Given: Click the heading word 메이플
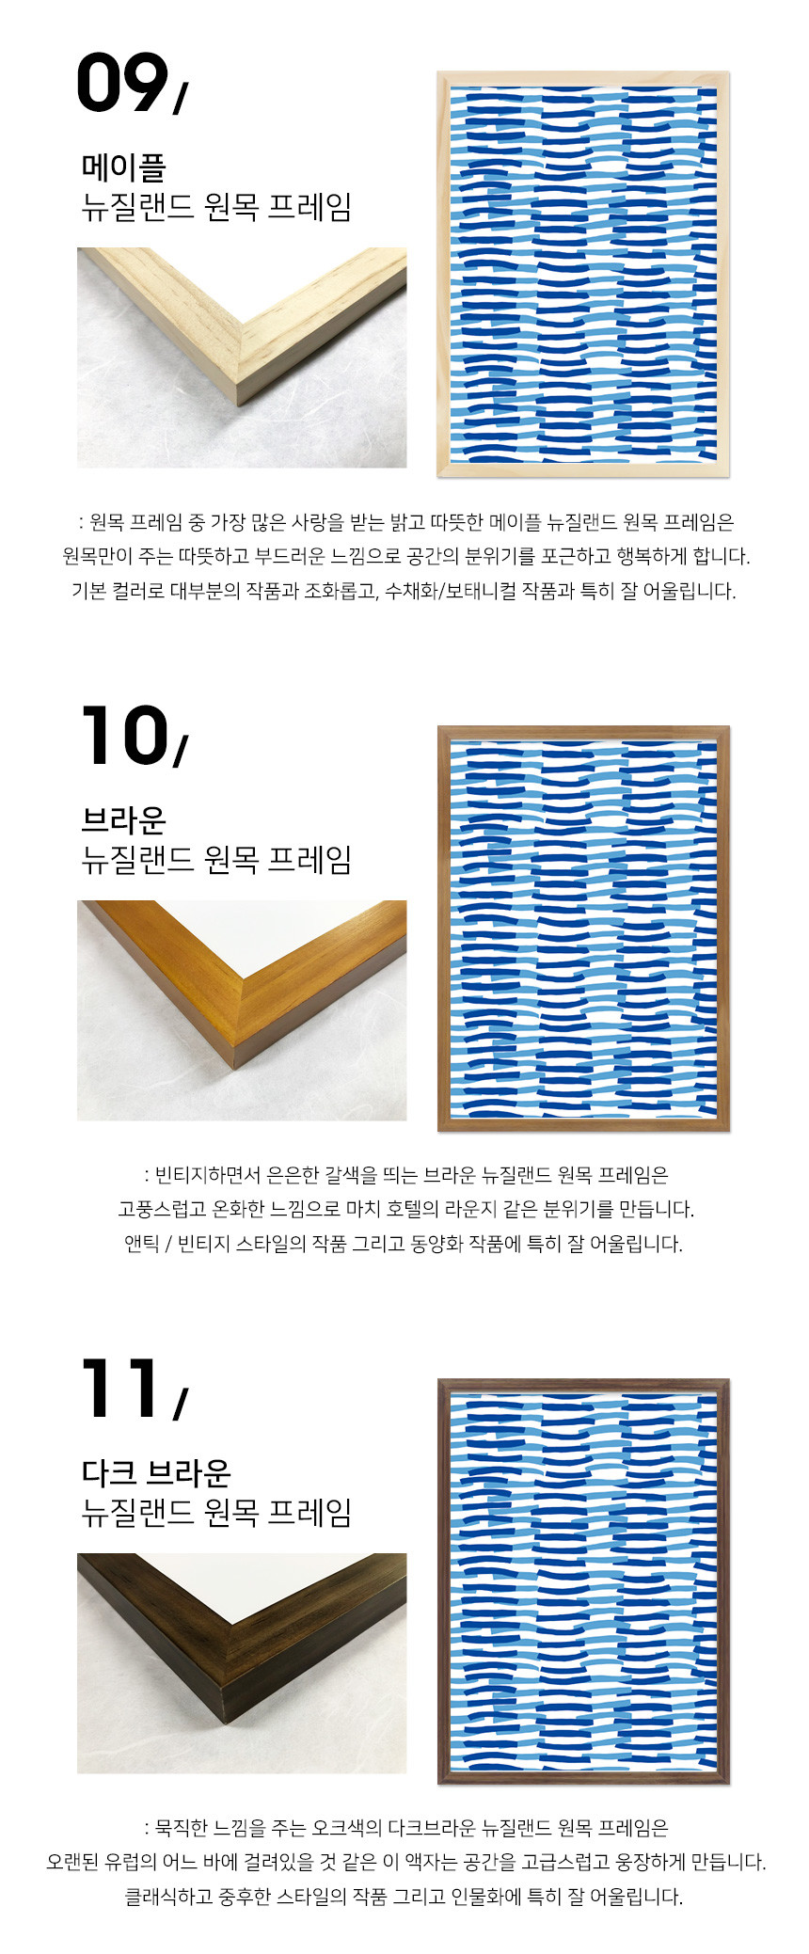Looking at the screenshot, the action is (124, 167).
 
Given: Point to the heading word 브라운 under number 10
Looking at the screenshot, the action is (124, 820).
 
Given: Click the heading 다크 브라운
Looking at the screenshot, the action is (156, 1473).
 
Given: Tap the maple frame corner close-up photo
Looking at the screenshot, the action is (242, 357).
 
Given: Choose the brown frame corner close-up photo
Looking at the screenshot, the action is (242, 1010).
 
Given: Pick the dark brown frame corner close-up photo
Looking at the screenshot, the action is (242, 1663).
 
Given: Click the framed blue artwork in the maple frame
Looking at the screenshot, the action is (583, 274).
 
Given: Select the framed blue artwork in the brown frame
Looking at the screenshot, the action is (583, 928).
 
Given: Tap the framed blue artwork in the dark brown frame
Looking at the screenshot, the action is (583, 1581).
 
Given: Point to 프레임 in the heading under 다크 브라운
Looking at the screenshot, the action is (309, 1512).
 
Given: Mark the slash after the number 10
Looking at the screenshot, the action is (180, 750).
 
